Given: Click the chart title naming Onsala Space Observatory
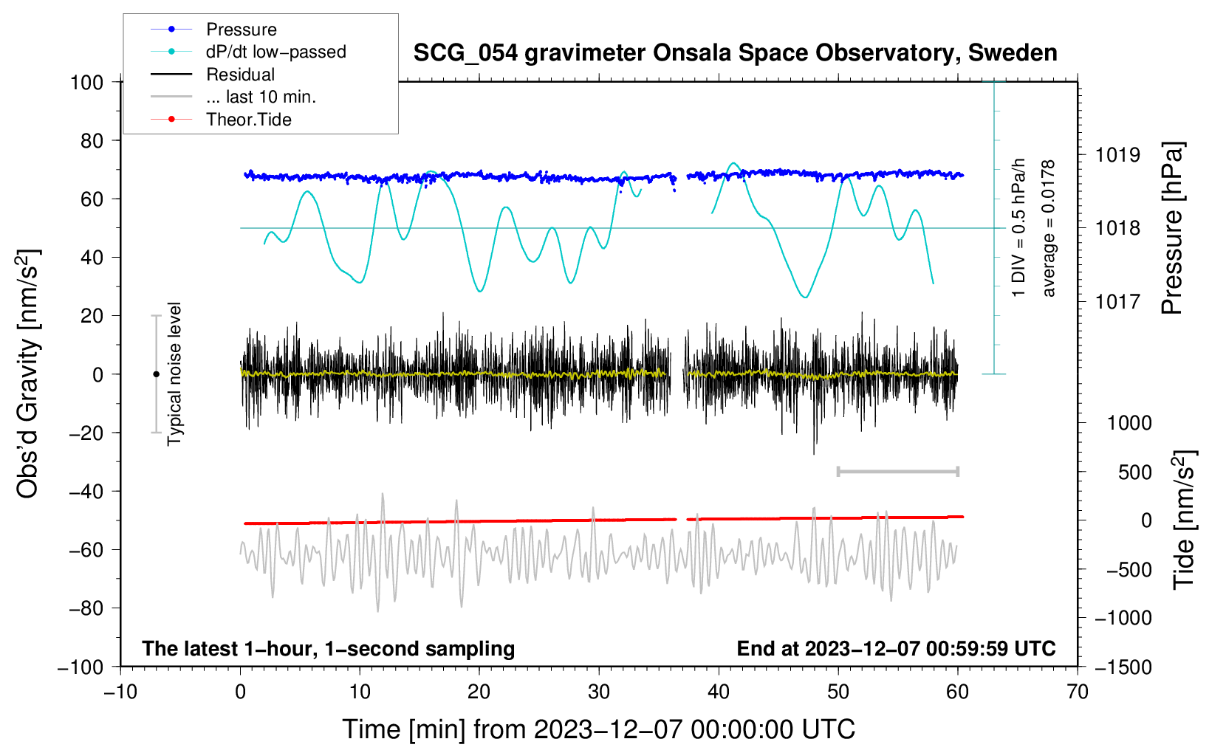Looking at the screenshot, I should (735, 53).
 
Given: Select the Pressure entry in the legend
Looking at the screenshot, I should (241, 30).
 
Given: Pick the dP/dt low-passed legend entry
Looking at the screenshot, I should (275, 52).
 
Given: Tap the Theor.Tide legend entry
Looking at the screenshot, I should (248, 120).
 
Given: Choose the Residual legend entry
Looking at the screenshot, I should (240, 75).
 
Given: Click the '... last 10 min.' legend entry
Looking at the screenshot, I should (261, 97).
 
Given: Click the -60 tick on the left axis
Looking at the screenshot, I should (86, 549).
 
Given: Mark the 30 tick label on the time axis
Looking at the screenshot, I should (599, 692).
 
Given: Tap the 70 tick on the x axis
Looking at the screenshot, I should (1078, 692).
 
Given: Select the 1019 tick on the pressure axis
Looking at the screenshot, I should (1117, 155).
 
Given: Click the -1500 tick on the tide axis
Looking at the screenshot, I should (1123, 667).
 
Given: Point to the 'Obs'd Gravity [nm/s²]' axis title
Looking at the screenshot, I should (27, 374).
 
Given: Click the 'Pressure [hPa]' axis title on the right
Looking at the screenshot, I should (1172, 229).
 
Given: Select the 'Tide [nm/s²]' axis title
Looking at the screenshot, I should (1184, 520).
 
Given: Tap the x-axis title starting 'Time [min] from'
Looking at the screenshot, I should (599, 729).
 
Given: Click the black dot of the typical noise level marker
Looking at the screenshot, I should (156, 374).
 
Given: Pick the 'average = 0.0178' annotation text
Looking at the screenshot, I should (1049, 229).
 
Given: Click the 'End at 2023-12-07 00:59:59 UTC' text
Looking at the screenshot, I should (896, 649).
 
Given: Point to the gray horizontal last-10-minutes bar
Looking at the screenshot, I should (897, 471).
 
